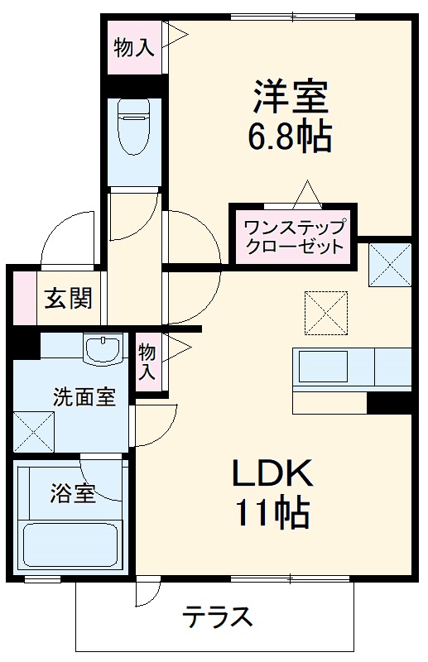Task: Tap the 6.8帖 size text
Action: (x=290, y=137)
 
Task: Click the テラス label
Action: (x=217, y=617)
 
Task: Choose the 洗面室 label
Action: (x=84, y=396)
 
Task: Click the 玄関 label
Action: (x=67, y=298)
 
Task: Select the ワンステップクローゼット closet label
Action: (x=293, y=235)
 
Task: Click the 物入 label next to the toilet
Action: (x=133, y=47)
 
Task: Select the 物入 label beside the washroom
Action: (x=147, y=361)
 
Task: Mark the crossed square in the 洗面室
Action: (x=33, y=431)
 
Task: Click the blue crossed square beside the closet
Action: (x=390, y=264)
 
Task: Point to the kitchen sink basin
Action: (x=323, y=366)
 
